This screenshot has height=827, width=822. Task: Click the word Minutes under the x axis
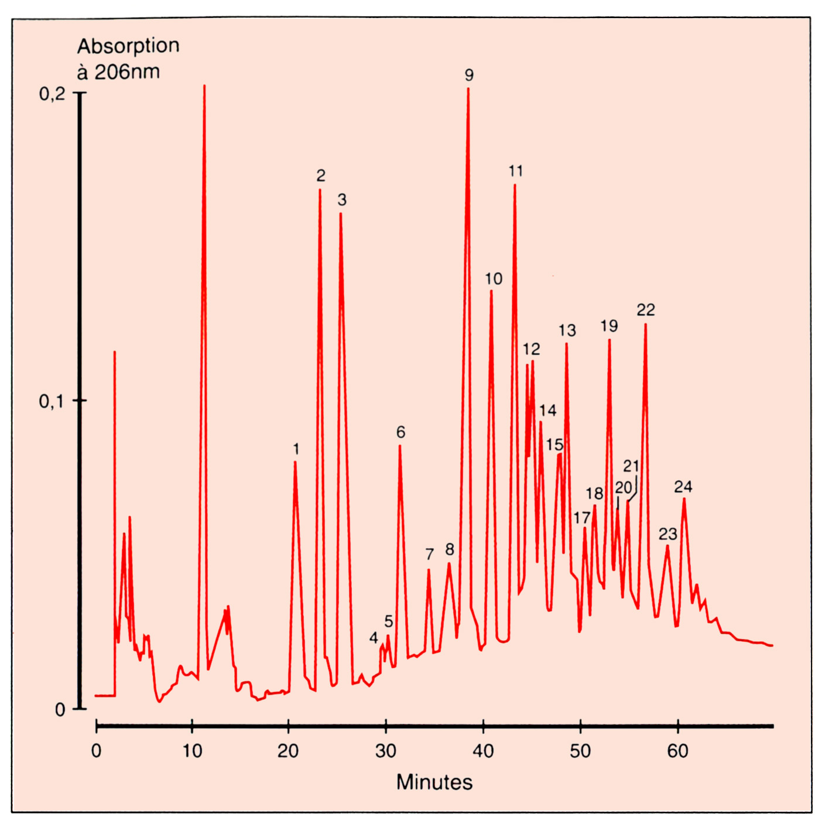[x=434, y=782]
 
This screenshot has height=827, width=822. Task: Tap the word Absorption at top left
[x=128, y=46]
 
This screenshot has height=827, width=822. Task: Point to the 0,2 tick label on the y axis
[x=52, y=94]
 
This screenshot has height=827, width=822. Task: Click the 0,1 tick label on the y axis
[x=52, y=401]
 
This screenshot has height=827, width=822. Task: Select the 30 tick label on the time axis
[x=386, y=751]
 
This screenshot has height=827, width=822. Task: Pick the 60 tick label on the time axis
[x=677, y=751]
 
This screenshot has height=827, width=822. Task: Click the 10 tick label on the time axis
[x=192, y=751]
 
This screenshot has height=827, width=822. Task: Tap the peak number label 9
[x=469, y=75]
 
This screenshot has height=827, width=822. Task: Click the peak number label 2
[x=321, y=175]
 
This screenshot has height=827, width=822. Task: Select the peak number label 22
[x=646, y=309]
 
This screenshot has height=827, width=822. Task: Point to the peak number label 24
[x=683, y=487]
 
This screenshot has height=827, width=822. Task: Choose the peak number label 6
[x=400, y=432]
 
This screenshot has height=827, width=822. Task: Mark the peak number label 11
[x=516, y=171]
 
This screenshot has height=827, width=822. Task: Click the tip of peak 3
[x=341, y=214]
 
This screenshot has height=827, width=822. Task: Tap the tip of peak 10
[x=491, y=291]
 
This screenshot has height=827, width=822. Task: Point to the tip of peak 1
[x=295, y=463]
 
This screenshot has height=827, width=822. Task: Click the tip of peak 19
[x=609, y=340]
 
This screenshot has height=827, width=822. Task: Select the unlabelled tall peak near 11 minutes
[x=204, y=87]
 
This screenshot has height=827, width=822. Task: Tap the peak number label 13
[x=567, y=330]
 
